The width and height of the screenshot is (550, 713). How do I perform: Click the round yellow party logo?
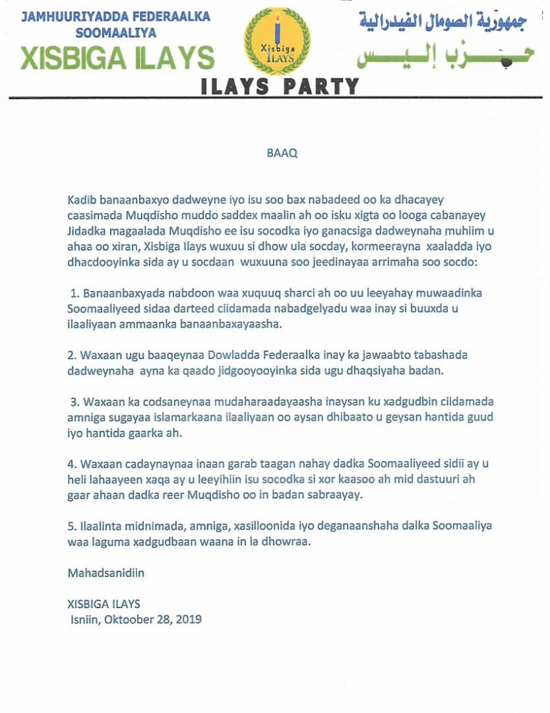[x=278, y=42]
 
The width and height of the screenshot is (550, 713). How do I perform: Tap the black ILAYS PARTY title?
[x=280, y=86]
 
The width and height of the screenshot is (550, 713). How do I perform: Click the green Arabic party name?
[x=443, y=57]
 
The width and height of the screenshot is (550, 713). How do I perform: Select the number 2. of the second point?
[x=72, y=355]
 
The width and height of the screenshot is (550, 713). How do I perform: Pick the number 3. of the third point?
[x=75, y=402]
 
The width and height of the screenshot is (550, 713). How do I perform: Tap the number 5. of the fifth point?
[x=71, y=526]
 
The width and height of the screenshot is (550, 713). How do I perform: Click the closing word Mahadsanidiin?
[x=106, y=573]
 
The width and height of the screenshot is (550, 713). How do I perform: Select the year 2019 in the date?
[x=189, y=619]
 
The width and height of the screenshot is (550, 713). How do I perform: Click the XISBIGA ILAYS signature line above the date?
[x=104, y=604]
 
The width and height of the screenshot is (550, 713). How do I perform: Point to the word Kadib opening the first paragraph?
[x=80, y=199]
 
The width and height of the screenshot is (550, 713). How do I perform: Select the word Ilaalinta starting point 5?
[x=102, y=526]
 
